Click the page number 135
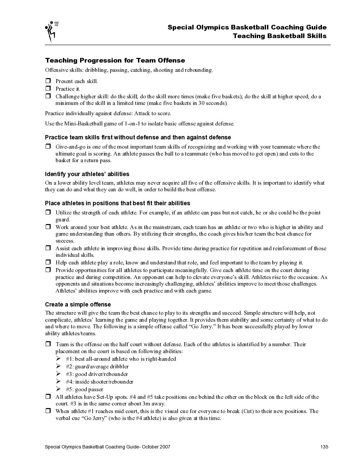324,447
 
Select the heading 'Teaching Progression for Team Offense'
115,60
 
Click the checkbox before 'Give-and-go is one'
48,147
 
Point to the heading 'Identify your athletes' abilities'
87,174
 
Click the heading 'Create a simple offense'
78,304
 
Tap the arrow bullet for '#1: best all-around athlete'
59,359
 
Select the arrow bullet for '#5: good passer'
59,389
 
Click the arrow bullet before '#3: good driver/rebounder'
59,374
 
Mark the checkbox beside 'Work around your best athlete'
48,227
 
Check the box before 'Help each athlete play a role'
48,262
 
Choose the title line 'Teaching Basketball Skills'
279,36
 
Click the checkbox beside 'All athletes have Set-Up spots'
48,397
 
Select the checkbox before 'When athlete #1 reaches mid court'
48,411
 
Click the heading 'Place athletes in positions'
117,203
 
